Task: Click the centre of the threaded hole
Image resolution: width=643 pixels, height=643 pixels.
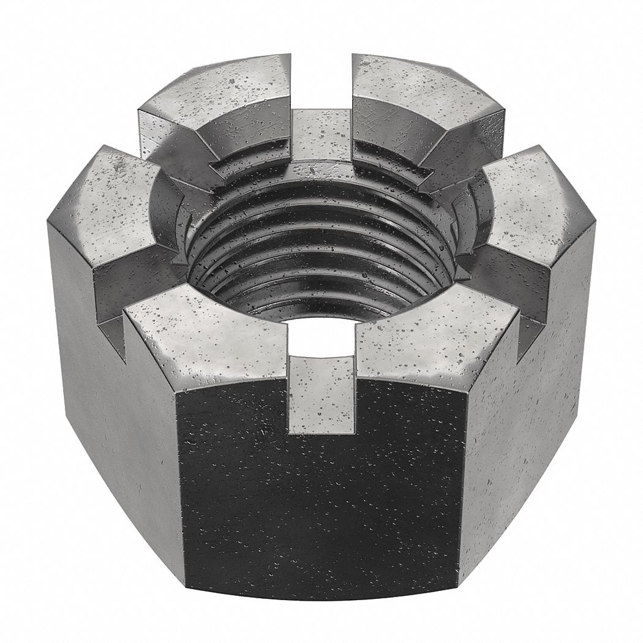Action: pyautogui.click(x=321, y=245)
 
